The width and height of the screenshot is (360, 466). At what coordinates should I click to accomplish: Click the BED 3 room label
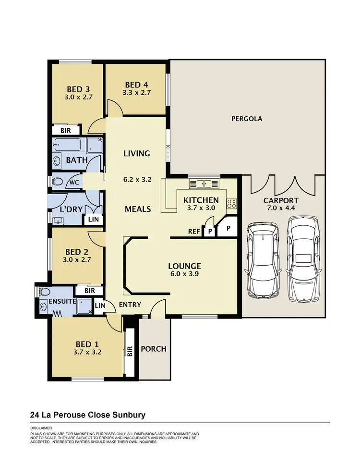click(x=78, y=89)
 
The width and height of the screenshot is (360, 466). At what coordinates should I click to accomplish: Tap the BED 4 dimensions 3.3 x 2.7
click(x=137, y=93)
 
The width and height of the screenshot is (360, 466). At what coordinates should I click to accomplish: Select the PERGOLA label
click(x=247, y=119)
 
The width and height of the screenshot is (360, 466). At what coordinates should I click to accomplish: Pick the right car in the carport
click(x=303, y=258)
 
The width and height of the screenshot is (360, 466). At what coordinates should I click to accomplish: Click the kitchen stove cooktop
click(x=231, y=204)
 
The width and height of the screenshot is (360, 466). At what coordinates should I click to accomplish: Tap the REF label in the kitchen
click(x=194, y=231)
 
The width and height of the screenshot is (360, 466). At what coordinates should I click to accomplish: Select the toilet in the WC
click(x=59, y=182)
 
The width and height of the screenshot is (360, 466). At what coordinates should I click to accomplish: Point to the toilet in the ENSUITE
click(x=44, y=292)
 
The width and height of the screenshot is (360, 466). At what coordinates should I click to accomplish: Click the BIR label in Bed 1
click(x=130, y=351)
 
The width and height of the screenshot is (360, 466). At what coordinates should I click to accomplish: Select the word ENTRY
click(x=130, y=305)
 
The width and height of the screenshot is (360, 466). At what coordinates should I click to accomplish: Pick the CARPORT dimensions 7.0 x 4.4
click(x=281, y=208)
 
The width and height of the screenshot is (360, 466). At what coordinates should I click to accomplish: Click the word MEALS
click(x=137, y=209)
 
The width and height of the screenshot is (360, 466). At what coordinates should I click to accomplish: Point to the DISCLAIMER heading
click(x=41, y=428)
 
